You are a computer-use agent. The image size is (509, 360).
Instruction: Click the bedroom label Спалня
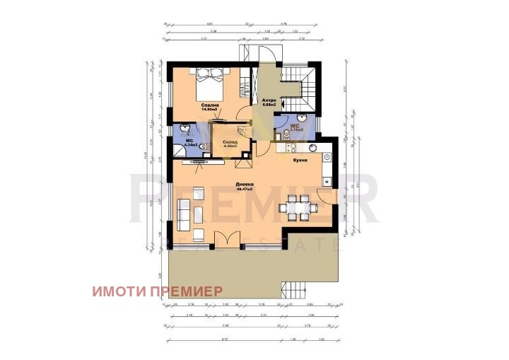click(x=209, y=105)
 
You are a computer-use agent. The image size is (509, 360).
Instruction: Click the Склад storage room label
click(x=228, y=142)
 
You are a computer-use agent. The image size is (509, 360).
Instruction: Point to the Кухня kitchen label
click(x=299, y=160)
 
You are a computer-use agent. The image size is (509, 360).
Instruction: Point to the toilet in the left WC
click(x=203, y=146)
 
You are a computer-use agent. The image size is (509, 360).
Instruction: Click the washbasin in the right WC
click(x=302, y=118)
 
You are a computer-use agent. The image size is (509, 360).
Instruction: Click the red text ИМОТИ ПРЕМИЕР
click(x=156, y=290)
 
